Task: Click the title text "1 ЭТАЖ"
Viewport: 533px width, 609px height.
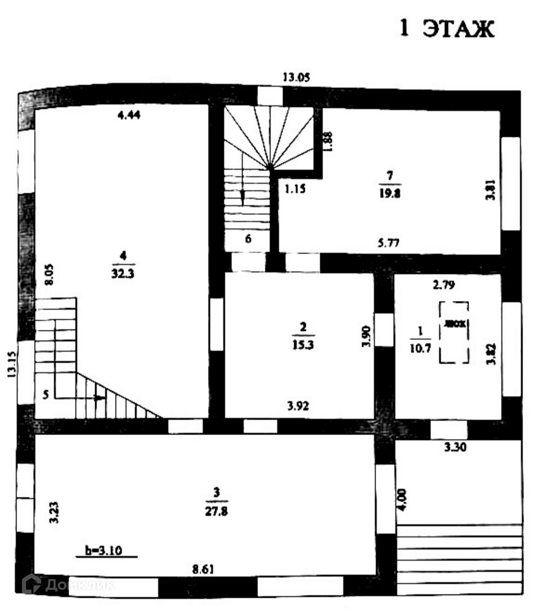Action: point(447,29)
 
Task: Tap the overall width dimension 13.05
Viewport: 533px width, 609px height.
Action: point(297,78)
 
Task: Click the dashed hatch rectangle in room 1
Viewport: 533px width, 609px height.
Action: point(454,333)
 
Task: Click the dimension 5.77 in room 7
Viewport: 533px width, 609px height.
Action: point(389,244)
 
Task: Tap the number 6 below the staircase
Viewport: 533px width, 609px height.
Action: point(248,238)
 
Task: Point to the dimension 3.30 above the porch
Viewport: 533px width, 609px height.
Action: point(455,448)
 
